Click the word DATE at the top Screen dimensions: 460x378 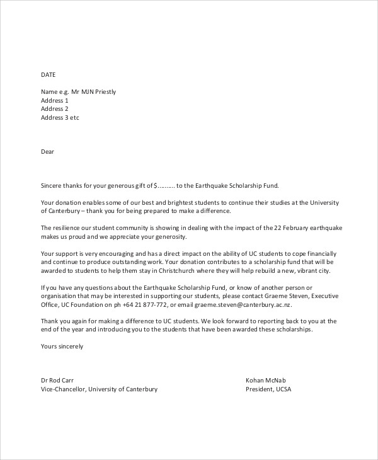pyautogui.click(x=49, y=74)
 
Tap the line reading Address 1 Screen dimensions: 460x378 pyautogui.click(x=55, y=100)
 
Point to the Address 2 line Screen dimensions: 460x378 pyautogui.click(x=55, y=109)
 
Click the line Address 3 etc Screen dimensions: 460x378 pyautogui.click(x=60, y=118)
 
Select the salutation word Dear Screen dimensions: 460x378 pyautogui.click(x=48, y=151)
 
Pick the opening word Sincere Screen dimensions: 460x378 pyautogui.click(x=52, y=186)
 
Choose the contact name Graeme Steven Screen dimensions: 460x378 pyautogui.click(x=285, y=296)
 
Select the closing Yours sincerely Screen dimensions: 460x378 pyautogui.click(x=62, y=346)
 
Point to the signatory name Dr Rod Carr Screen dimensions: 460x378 pyautogui.click(x=59, y=380)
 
